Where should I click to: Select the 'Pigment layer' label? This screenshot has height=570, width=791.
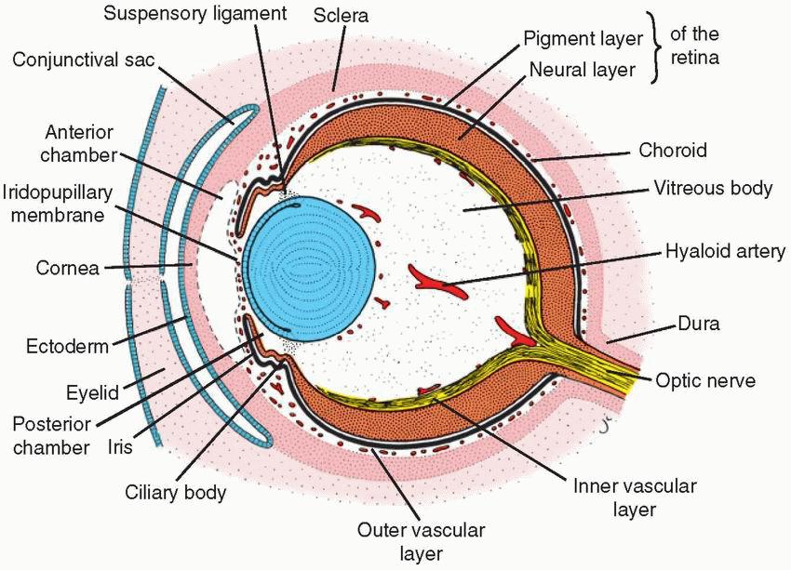click(583, 39)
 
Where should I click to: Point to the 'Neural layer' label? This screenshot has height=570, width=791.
click(583, 68)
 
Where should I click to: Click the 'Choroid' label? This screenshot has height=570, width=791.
click(673, 150)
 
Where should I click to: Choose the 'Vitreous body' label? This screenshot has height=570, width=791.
click(713, 188)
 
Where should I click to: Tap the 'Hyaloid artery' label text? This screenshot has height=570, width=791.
click(726, 252)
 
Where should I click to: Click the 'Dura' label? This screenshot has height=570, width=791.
click(688, 325)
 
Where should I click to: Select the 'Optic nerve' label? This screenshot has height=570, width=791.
click(705, 379)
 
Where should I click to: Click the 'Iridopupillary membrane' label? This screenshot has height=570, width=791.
click(58, 205)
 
